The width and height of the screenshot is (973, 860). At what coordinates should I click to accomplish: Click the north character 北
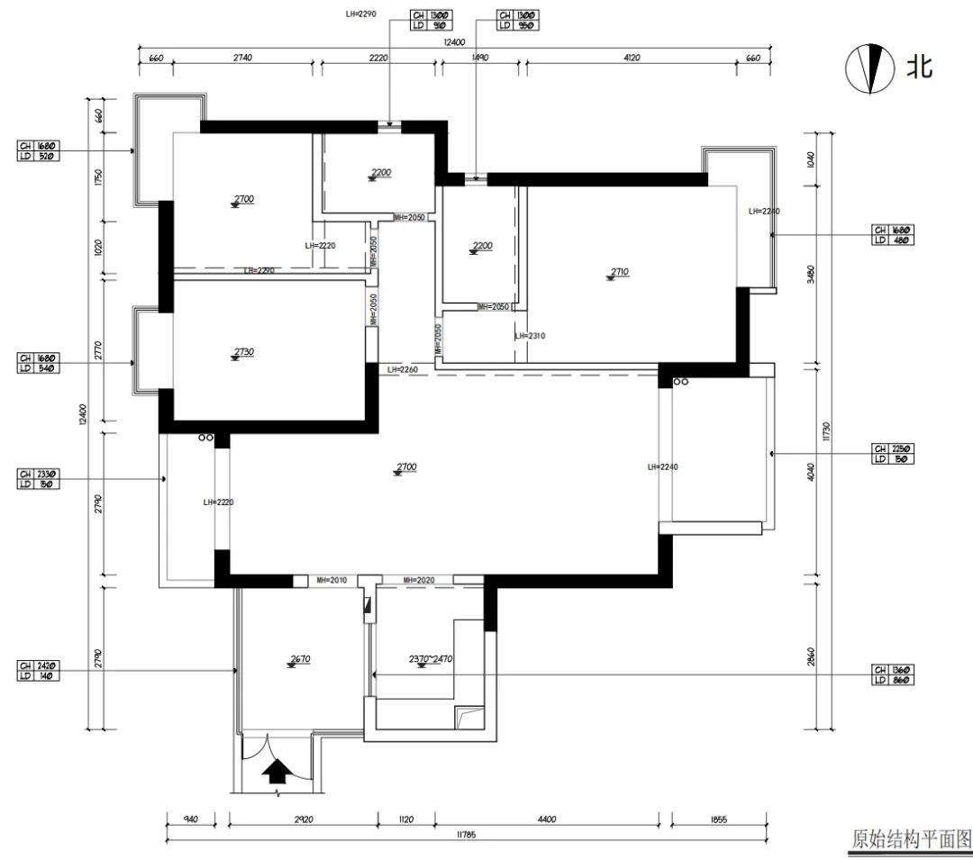click(919, 67)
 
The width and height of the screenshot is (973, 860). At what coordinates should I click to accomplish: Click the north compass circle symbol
click(868, 68)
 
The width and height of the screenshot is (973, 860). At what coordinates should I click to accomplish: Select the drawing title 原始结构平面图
click(911, 839)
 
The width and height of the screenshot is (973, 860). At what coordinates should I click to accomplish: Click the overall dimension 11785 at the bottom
click(465, 835)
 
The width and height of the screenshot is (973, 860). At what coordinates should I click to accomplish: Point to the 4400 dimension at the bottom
click(547, 819)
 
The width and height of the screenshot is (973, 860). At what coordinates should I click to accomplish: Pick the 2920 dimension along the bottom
click(303, 819)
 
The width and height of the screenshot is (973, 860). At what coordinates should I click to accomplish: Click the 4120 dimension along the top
click(631, 58)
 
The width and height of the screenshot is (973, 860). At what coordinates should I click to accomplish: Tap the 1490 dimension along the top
click(479, 58)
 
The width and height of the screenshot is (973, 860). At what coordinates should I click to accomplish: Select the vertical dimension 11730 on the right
click(824, 435)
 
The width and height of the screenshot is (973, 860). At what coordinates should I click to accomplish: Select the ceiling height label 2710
click(619, 271)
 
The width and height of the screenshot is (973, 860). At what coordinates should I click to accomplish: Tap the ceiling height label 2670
click(300, 659)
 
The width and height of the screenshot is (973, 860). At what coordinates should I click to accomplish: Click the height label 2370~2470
click(430, 659)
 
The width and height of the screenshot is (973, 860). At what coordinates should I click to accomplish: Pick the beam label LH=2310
click(531, 336)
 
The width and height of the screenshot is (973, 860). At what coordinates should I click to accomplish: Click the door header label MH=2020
click(419, 581)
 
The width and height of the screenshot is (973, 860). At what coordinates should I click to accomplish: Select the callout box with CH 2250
click(892, 454)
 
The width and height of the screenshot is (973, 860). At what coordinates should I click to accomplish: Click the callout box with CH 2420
click(39, 671)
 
